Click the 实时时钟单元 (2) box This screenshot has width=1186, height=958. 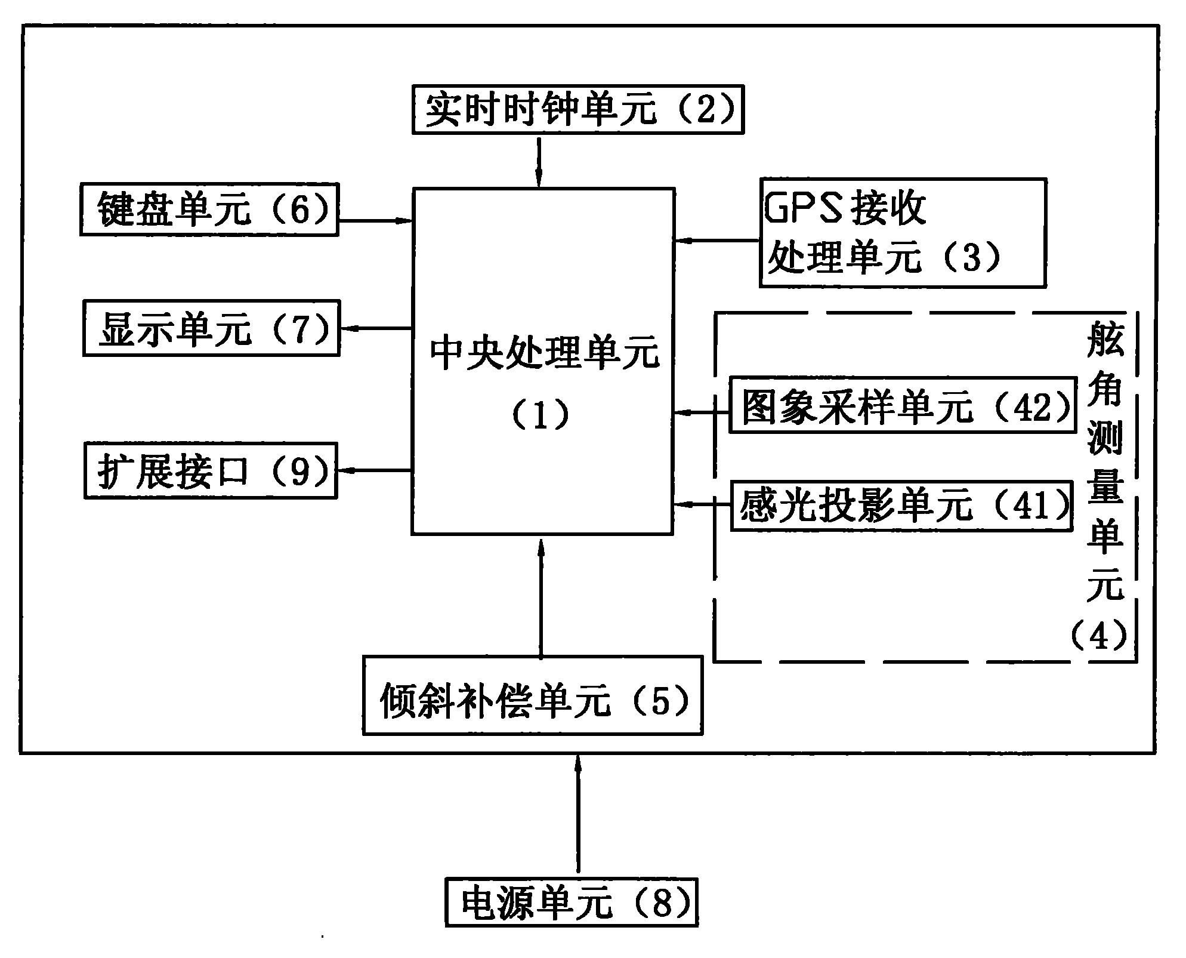tap(577, 109)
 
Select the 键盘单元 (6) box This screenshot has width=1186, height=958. tap(209, 210)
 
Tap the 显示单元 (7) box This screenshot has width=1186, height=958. tap(211, 328)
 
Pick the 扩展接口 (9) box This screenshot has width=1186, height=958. tap(211, 471)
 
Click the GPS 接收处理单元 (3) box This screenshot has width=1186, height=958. tap(902, 233)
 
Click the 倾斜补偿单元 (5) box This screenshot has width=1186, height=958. tap(532, 695)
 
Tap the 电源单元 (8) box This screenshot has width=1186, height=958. tap(571, 901)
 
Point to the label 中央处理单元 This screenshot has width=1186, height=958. tap(544, 353)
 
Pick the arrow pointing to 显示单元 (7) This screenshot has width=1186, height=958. tap(376, 328)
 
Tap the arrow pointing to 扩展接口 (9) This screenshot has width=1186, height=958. tap(375, 470)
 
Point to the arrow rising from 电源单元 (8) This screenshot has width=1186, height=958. tap(577, 815)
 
